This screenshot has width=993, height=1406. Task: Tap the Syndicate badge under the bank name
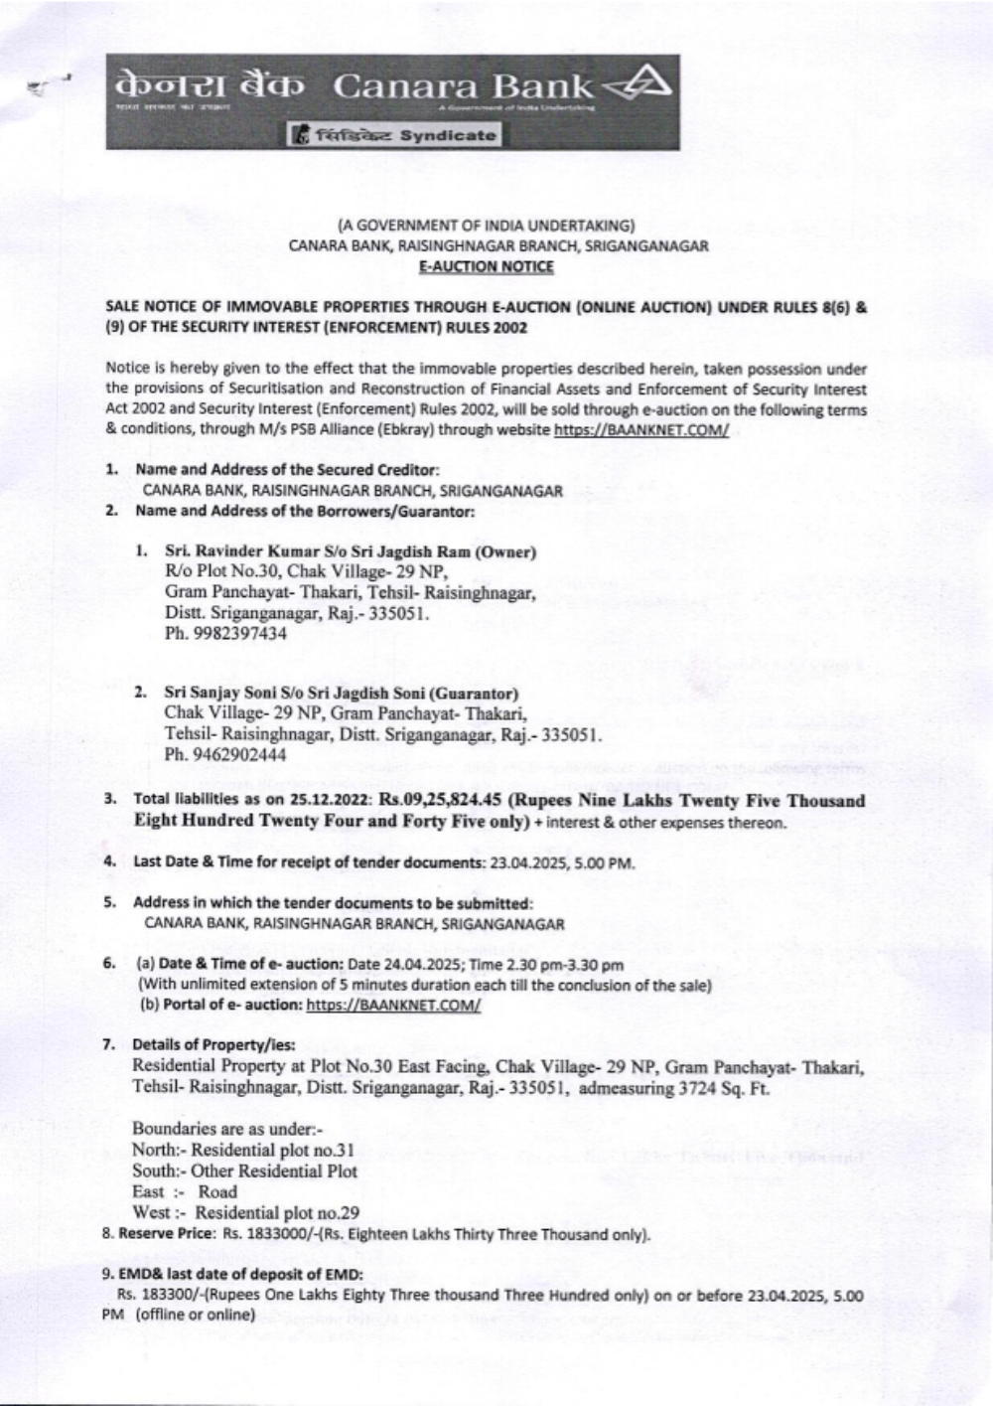click(393, 134)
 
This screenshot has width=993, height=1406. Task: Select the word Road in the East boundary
click(217, 1191)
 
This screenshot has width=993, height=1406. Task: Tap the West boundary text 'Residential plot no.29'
click(276, 1212)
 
